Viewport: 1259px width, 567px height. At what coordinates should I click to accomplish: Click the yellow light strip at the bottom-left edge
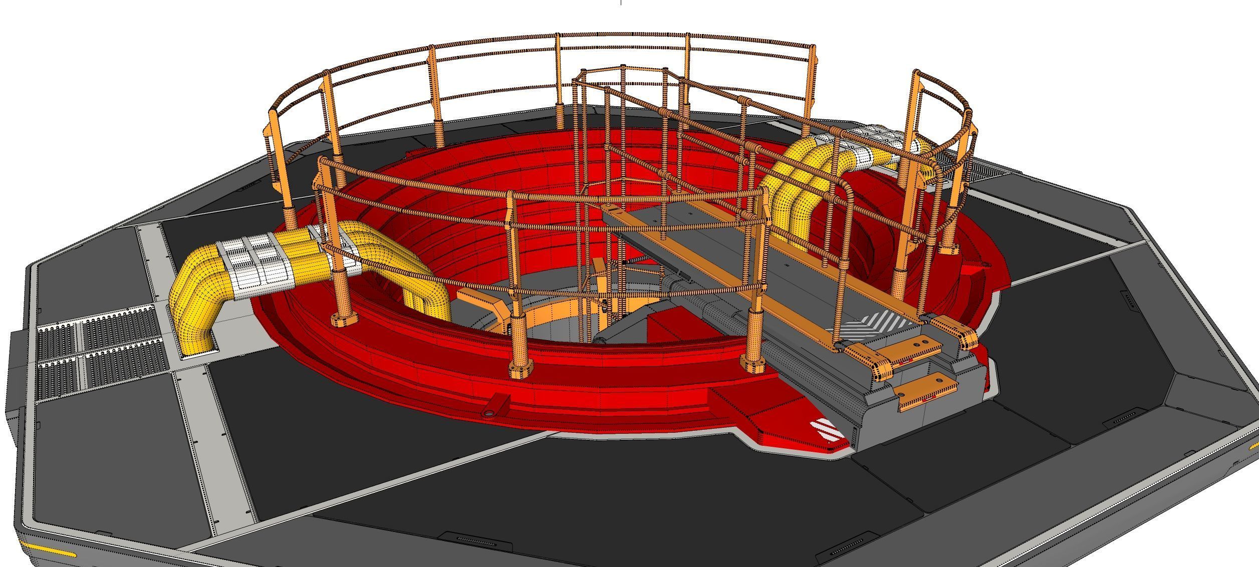pyautogui.click(x=48, y=551)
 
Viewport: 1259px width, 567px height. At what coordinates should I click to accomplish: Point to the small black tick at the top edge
pyautogui.click(x=621, y=3)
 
